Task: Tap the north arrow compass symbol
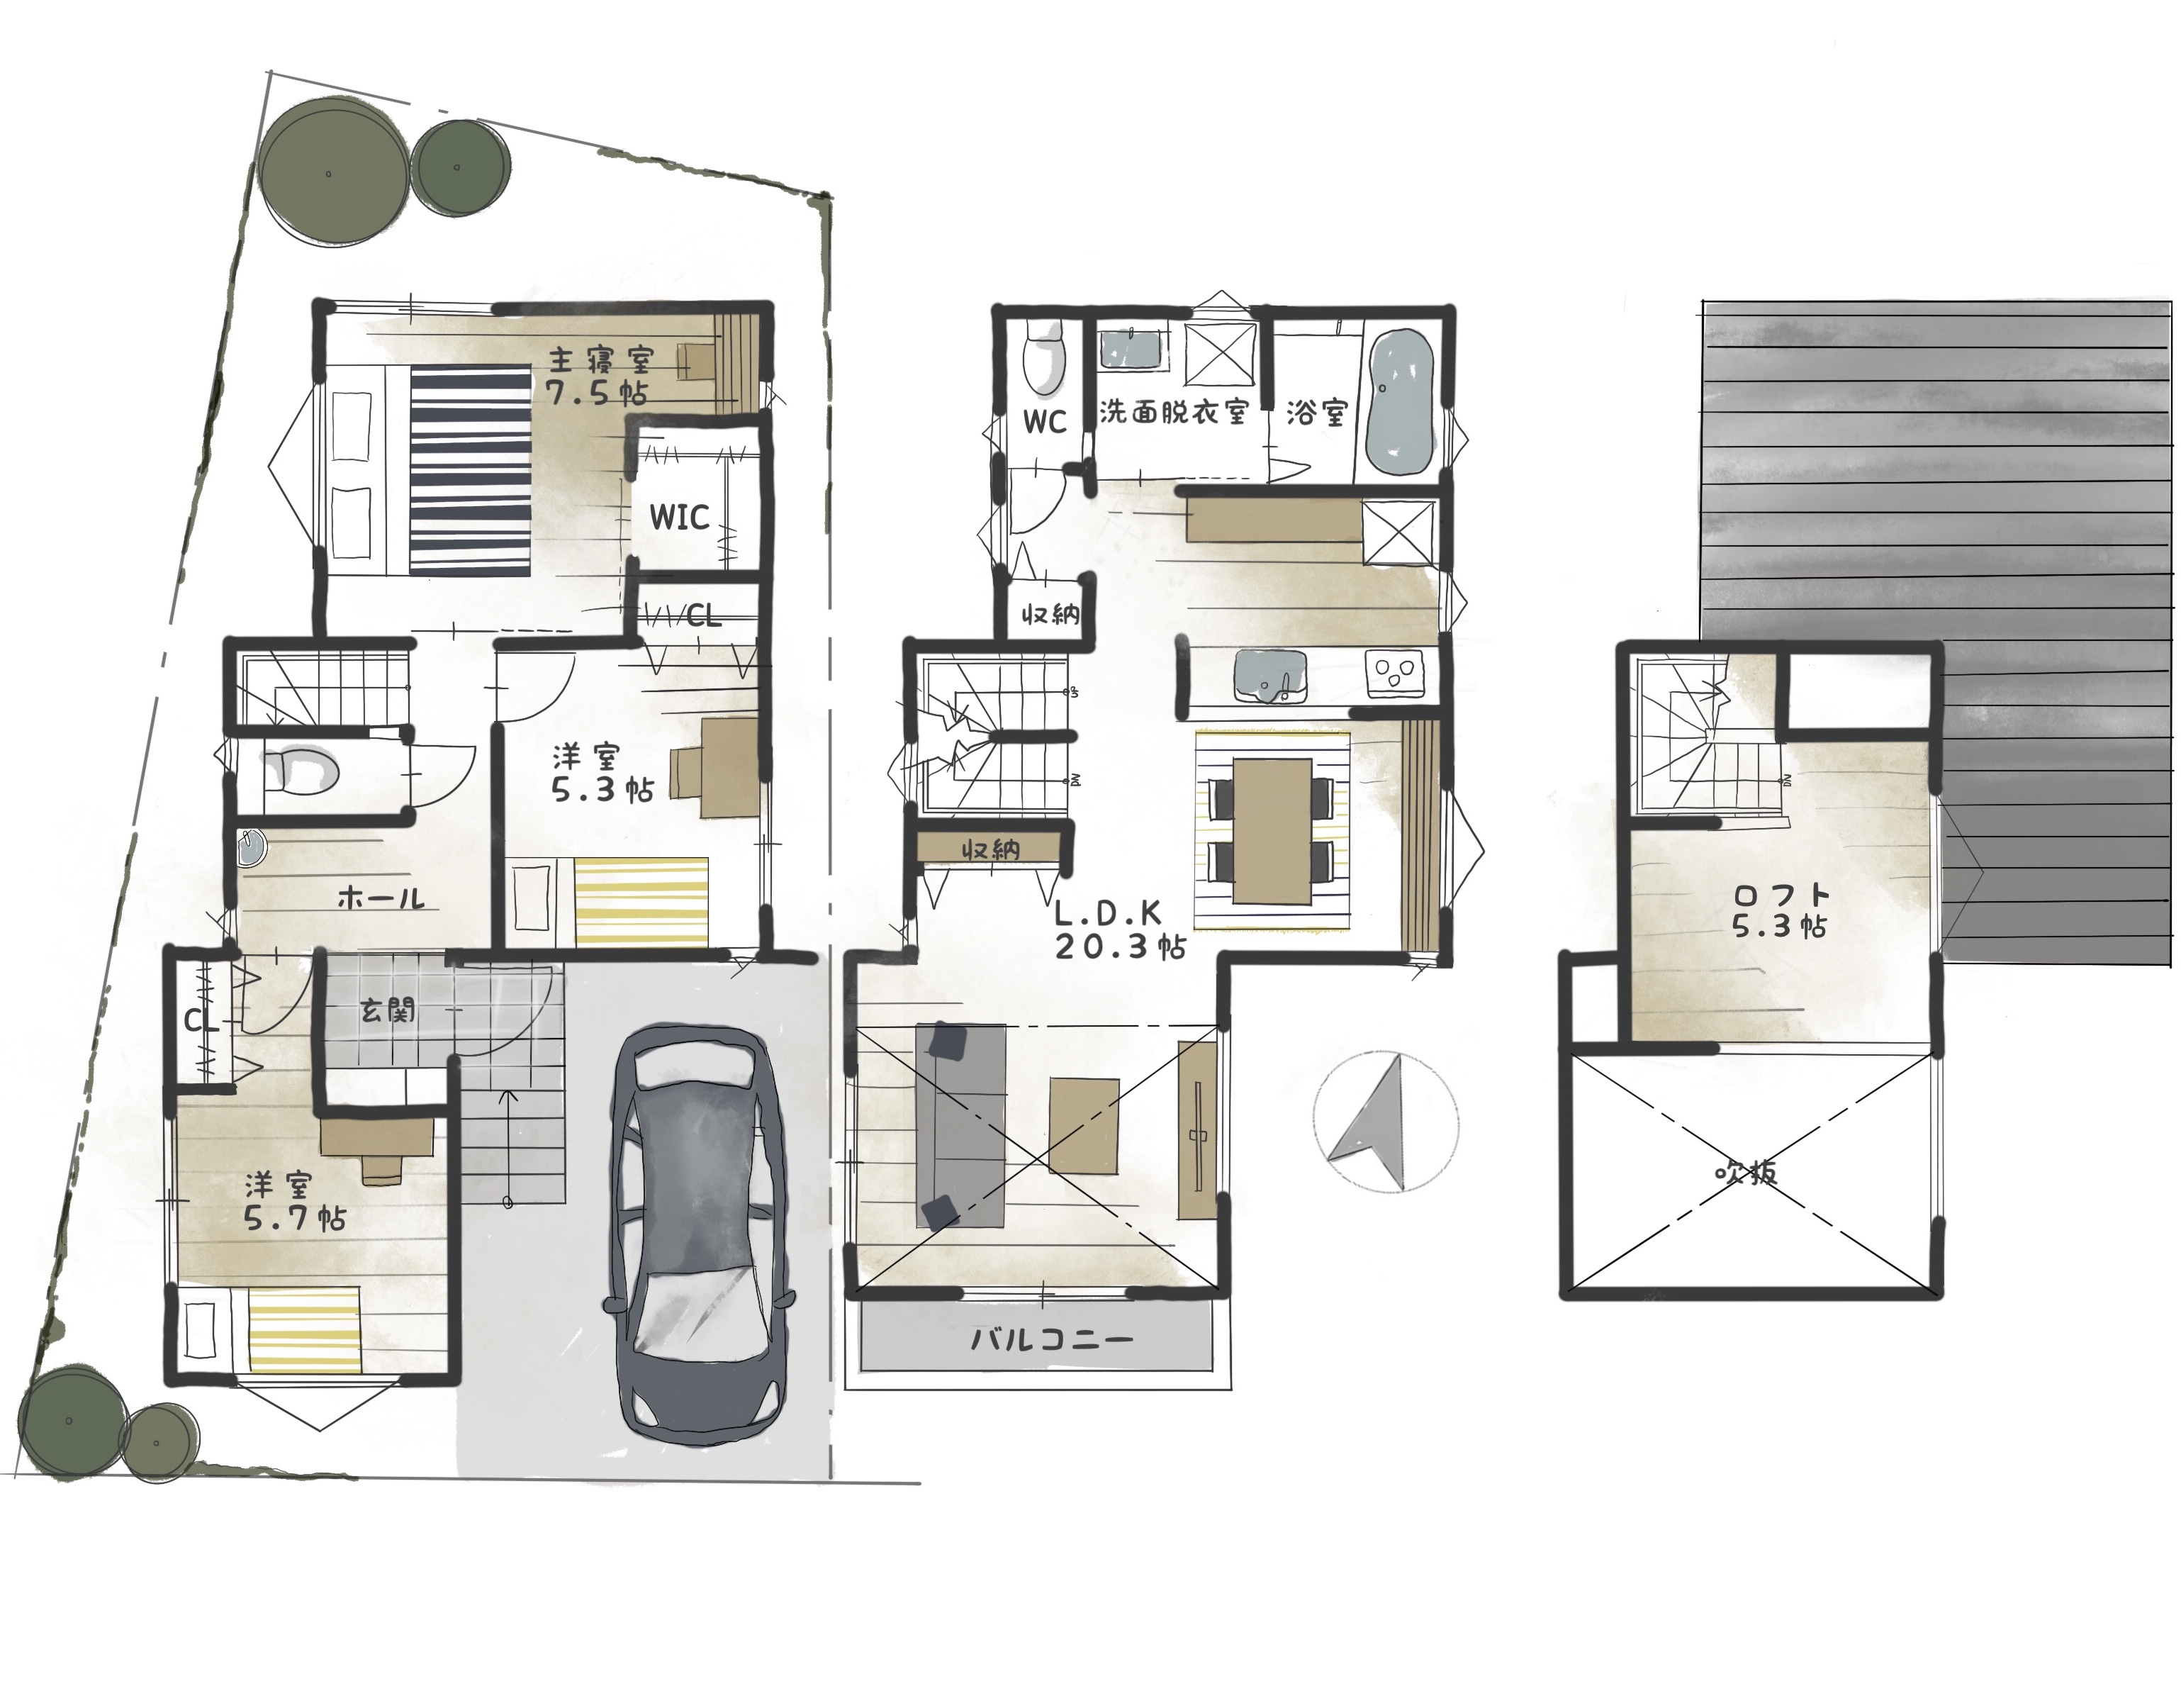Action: tap(1385, 1122)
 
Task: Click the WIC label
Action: tap(679, 518)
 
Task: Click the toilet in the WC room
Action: tap(1045, 359)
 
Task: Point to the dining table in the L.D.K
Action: tap(1272, 831)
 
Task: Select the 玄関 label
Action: tap(388, 1011)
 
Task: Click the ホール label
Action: tap(381, 898)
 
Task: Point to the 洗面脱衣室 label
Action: tap(1173, 411)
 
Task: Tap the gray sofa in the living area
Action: tap(960, 1126)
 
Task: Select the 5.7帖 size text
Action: tap(296, 1219)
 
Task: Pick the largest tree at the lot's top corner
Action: tap(332, 171)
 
